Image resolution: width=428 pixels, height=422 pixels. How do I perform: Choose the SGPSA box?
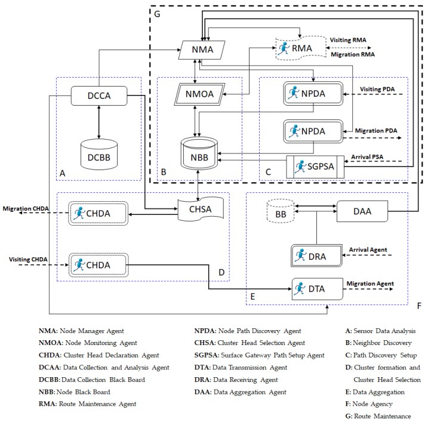[x=316, y=165]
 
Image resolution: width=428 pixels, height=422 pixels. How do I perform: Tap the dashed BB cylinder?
[x=279, y=211]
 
